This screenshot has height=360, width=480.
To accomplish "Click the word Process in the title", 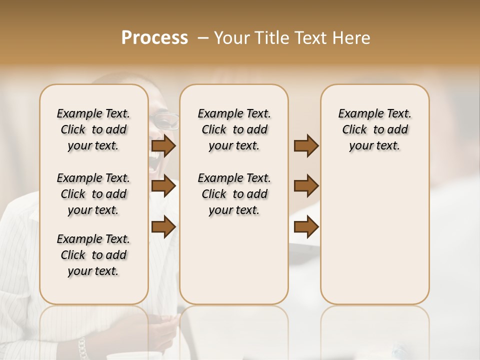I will click(154, 38).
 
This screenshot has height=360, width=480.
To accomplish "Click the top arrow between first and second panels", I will click(163, 146).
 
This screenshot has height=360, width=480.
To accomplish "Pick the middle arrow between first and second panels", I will click(163, 186).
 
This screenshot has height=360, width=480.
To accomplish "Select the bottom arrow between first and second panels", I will click(163, 227).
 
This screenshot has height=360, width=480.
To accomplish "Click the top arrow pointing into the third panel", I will click(306, 146).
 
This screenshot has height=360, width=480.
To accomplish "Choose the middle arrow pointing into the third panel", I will click(306, 186).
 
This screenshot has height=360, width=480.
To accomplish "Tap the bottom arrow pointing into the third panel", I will click(306, 227).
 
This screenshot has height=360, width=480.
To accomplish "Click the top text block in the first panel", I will click(93, 129).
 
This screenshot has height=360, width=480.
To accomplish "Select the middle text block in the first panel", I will click(93, 194).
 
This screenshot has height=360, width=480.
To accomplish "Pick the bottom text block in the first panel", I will click(93, 255).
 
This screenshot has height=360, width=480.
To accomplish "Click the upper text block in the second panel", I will click(234, 129).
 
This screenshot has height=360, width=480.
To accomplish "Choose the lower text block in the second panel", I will click(234, 194).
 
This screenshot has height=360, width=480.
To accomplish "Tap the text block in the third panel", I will click(374, 129).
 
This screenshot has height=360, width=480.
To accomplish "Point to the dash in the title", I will click(202, 38).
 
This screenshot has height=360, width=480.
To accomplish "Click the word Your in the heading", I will click(230, 38).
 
